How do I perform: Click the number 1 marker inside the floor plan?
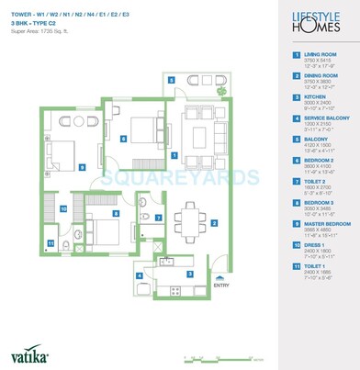[x=173, y=155]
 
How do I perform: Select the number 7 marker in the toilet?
[x=158, y=218]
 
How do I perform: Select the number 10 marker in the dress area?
[x=38, y=208]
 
